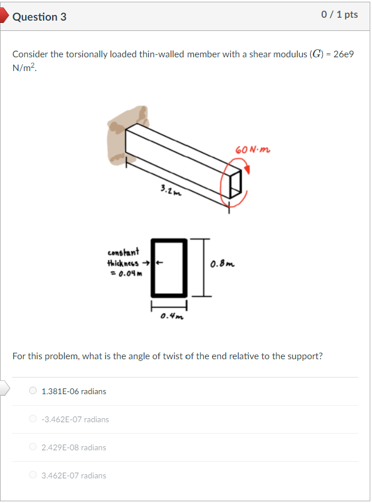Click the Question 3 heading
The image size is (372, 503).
[39, 17]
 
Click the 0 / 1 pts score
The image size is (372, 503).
[339, 15]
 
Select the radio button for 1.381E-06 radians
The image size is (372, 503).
[33, 391]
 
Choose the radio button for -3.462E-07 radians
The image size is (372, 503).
[33, 419]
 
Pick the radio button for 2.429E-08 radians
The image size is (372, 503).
[33, 447]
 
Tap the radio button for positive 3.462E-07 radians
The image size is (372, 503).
[33, 476]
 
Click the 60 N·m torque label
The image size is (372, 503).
[252, 150]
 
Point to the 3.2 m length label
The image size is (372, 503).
[170, 190]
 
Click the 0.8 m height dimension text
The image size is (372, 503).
[221, 265]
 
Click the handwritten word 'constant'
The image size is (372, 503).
[123, 252]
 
